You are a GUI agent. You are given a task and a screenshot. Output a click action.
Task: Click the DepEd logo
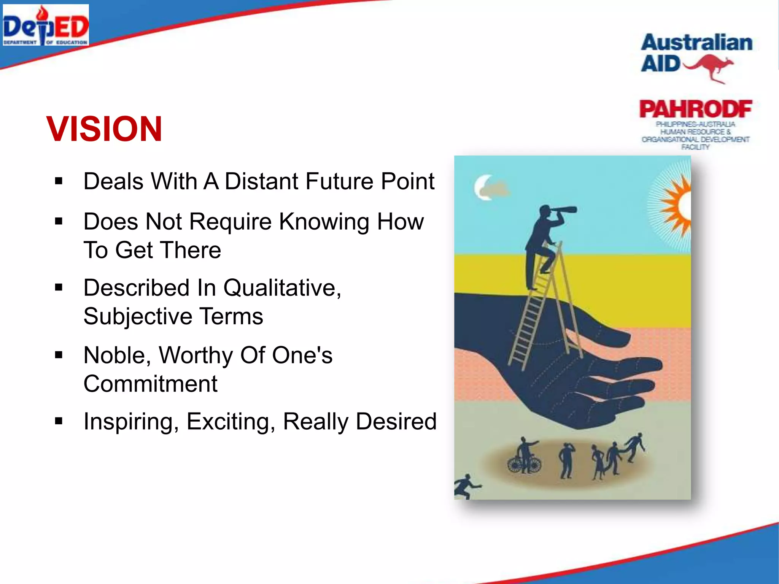click(46, 25)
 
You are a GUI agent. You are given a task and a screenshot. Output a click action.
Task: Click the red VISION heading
click(104, 129)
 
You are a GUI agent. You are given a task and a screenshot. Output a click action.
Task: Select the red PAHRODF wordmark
click(695, 109)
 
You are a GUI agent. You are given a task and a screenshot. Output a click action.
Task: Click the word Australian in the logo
click(696, 43)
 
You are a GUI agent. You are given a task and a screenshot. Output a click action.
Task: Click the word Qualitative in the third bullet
click(282, 288)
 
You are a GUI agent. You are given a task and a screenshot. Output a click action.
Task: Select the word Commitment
click(150, 384)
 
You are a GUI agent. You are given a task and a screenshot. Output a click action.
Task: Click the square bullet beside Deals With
click(59, 181)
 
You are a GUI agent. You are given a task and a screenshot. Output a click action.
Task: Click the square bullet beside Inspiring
click(59, 421)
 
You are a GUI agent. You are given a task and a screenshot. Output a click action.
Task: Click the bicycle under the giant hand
click(524, 464)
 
